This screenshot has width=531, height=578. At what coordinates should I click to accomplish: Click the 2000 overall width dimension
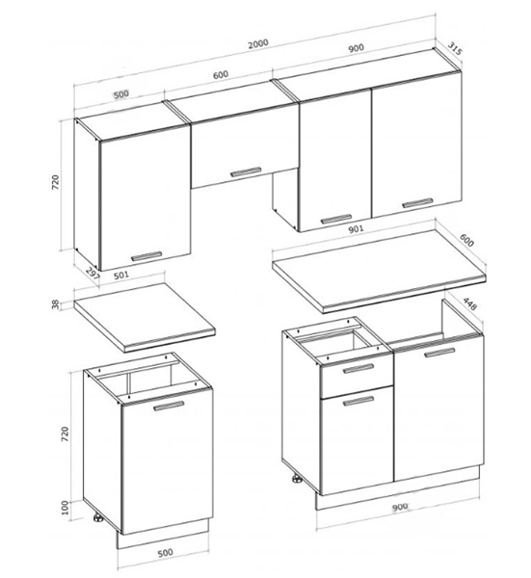pos(257,44)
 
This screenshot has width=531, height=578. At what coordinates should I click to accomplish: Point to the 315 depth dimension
pos(455,49)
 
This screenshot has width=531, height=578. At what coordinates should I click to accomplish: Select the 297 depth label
pos(93,275)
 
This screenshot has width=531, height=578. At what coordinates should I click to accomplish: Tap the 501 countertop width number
pos(121,275)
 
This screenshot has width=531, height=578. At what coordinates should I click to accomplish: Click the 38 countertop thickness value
pos(55,304)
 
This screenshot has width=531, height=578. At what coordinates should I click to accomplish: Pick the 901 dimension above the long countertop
pos(356,229)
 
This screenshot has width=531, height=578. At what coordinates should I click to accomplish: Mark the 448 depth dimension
pos(469,303)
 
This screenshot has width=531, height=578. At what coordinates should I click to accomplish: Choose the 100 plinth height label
pos(65,508)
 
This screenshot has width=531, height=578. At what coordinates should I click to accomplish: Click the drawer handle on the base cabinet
pos(358,368)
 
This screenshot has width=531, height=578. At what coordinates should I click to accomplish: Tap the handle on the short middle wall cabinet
pos(246,171)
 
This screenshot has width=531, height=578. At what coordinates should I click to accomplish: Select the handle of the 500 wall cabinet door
pos(146,256)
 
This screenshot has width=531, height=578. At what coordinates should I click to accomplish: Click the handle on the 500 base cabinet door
pos(169,406)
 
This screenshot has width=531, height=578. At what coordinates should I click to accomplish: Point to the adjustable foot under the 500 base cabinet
pos(97,518)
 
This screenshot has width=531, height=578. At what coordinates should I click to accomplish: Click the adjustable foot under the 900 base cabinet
pos(296,480)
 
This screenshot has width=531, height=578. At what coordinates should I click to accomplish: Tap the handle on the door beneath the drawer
pos(358,401)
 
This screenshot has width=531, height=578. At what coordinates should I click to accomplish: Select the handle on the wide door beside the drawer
pos(439,353)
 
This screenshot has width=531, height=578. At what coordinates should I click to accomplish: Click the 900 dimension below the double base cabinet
pos(400,508)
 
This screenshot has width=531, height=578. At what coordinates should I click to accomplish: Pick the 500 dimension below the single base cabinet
pos(165,553)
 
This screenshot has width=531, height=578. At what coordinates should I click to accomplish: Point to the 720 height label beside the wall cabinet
pos(55,183)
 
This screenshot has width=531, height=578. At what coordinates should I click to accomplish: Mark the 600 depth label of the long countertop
pos(466,240)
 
